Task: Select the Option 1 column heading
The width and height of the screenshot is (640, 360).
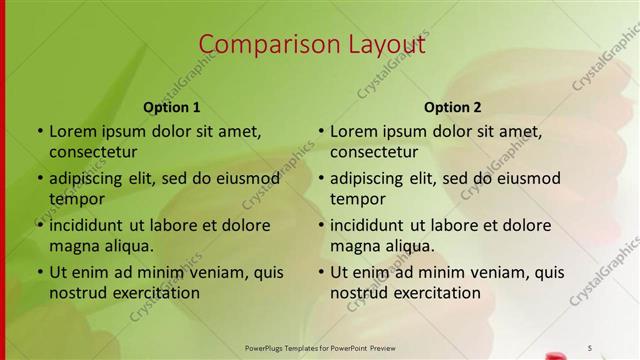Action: tap(172, 107)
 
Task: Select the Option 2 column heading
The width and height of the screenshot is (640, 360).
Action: tap(453, 107)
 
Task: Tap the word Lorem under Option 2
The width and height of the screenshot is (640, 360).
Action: tap(354, 131)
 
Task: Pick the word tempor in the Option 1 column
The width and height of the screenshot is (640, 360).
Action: tap(77, 198)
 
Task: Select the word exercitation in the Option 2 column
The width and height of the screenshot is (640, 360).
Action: tap(434, 293)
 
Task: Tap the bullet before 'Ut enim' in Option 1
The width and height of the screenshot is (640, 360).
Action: tap(39, 272)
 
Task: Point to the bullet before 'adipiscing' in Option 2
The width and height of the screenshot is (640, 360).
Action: tap(320, 178)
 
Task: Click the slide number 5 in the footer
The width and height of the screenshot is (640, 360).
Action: tap(590, 347)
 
